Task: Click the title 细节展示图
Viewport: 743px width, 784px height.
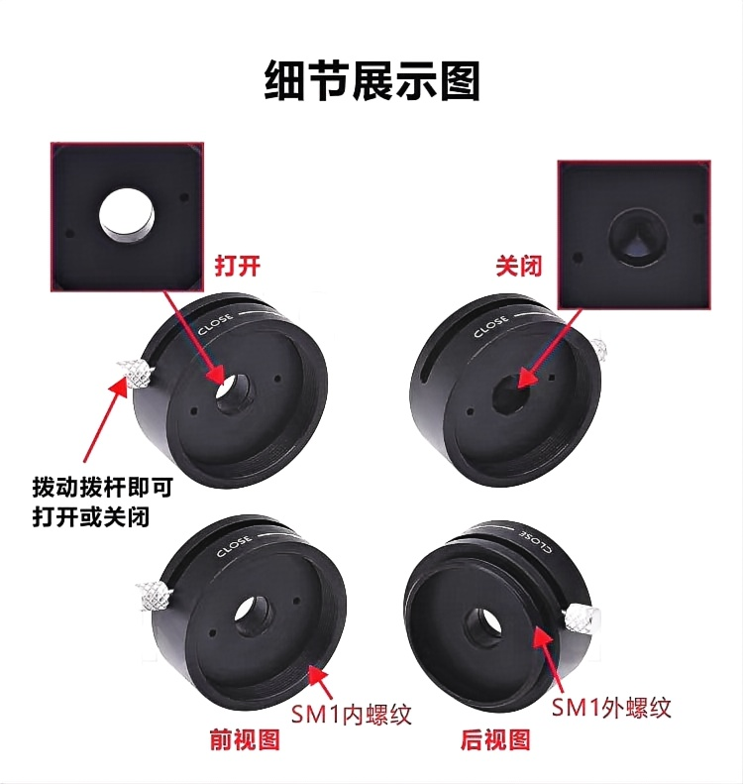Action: pos(371,80)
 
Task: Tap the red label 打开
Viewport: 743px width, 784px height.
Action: pos(238,266)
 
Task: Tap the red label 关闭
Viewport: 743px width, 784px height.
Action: pos(519,266)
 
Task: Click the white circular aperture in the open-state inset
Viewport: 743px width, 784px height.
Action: pos(127,215)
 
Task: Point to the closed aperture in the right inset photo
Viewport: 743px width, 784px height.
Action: pos(638,237)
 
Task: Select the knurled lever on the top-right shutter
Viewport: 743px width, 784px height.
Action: pos(599,349)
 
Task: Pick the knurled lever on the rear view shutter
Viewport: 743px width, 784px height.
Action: pos(582,620)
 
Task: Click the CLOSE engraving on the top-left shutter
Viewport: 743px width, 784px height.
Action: pos(215,323)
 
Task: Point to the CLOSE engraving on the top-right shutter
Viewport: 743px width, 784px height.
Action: pos(490,326)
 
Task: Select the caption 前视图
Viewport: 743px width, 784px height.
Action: pos(245,740)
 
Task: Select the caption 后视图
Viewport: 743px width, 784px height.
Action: pos(495,740)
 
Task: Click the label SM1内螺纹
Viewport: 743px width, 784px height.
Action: pos(352,715)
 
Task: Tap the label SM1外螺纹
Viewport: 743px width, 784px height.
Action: pos(611,708)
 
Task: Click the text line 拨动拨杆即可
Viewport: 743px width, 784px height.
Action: pos(102,487)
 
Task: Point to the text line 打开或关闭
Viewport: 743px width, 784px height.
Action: pos(91,517)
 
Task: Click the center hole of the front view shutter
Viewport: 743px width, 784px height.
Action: pos(253,616)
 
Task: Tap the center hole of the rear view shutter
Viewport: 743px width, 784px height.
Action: pos(483,626)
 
